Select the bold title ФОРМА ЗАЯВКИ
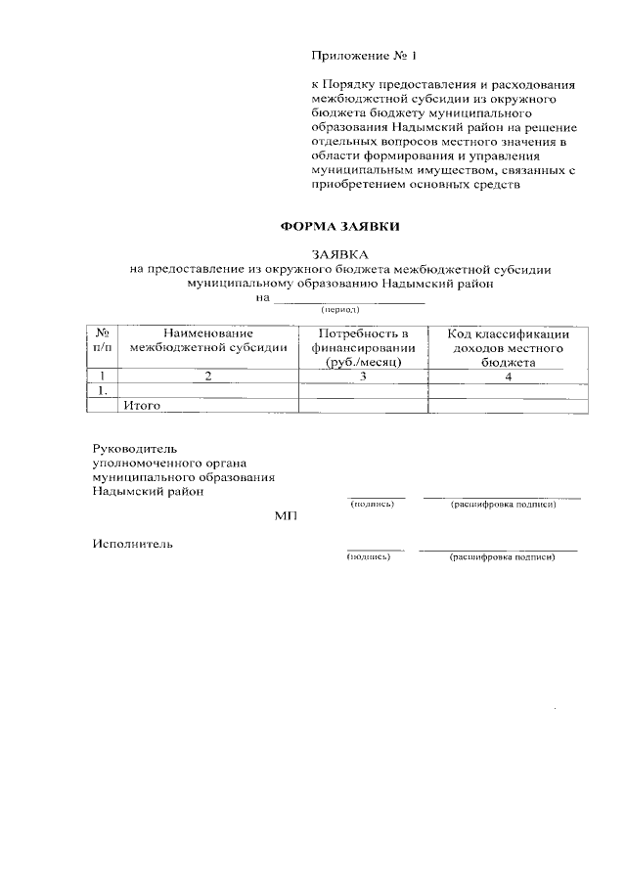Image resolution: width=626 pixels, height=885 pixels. coord(340,227)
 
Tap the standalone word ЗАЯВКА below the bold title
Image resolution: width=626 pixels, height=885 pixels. coord(339,254)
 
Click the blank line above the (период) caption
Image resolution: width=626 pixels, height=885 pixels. coord(348,300)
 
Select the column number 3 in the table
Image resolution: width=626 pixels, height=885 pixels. coord(362,376)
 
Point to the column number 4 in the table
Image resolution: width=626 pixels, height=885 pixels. coord(509,376)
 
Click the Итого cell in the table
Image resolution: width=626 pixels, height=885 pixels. coord(141,404)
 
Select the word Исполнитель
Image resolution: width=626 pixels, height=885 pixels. coord(133,544)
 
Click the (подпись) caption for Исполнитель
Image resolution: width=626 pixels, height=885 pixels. coord(370,557)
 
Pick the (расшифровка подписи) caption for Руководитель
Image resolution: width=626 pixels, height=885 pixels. coord(503,505)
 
